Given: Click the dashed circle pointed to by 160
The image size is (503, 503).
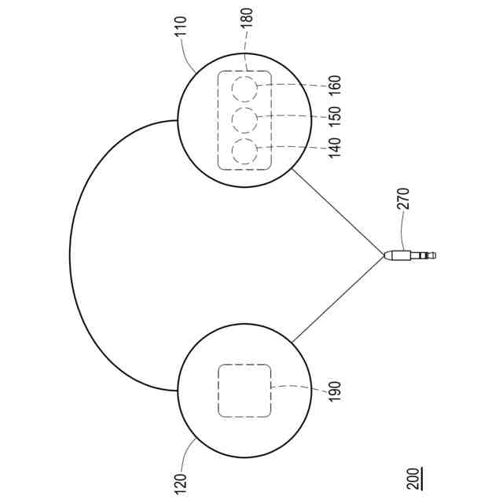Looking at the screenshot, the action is click(244, 88).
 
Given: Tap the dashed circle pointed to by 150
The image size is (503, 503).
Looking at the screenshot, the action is click(244, 119).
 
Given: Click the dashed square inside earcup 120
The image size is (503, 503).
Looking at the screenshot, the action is click(244, 390).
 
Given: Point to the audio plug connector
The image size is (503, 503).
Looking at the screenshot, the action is click(405, 255).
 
